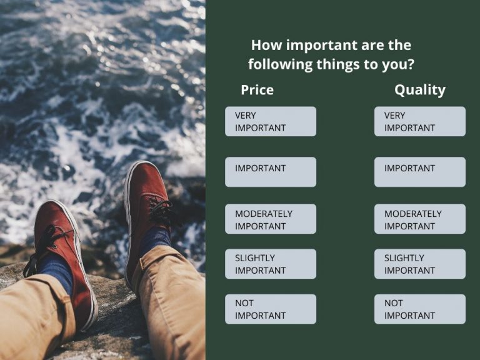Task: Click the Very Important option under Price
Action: tap(270, 121)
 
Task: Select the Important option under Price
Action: tap(270, 171)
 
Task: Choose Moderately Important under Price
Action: tap(270, 219)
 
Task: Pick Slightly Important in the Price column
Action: tap(270, 264)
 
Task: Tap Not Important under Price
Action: tap(270, 309)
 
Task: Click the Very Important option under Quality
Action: tap(419, 121)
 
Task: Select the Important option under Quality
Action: tap(419, 171)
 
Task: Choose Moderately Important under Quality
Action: tap(419, 219)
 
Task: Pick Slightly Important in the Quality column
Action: tap(419, 264)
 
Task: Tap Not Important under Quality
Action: tap(419, 309)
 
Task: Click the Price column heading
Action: tap(257, 90)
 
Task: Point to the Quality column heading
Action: tap(419, 90)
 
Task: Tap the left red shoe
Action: tap(62, 250)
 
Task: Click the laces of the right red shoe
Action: tap(161, 211)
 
